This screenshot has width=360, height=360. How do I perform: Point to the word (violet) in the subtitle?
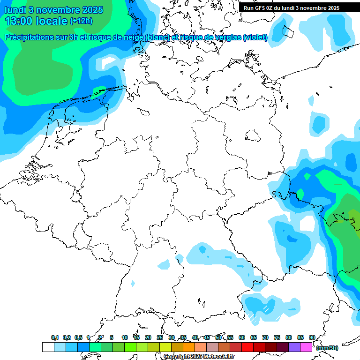pos(255,37)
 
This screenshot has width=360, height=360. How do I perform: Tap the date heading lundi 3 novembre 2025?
pos(54,9)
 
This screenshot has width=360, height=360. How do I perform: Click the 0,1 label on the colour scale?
pos(55,337)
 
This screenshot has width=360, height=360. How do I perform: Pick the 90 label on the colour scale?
pos(312,337)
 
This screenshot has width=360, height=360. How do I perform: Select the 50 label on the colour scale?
pos(218,337)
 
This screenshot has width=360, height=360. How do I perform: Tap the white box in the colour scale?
pos(48,347)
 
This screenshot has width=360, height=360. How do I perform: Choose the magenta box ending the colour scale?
pos(306,347)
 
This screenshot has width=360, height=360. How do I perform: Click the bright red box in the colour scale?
pos(247,347)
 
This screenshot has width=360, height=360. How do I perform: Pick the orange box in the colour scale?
pos(189,347)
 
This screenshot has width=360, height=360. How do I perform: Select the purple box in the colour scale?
pos(294,347)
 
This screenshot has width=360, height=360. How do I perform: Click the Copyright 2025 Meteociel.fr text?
pos(199,356)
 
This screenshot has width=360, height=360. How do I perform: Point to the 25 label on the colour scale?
pos(160,337)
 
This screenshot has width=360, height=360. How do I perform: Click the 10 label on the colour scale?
pos(125,337)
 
